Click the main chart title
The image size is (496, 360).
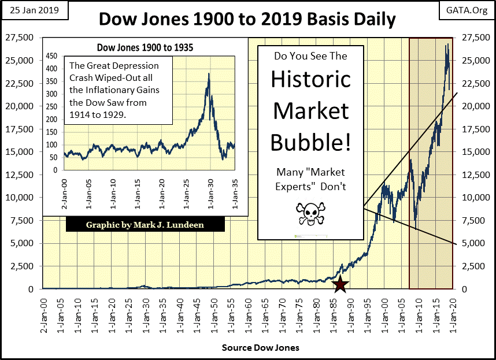tap(247, 19)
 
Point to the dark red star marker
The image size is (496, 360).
tap(340, 284)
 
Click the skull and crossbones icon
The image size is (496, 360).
tap(311, 213)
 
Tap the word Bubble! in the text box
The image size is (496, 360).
tap(311, 141)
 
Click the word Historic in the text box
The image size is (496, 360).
tap(311, 79)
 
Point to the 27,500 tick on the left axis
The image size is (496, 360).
tap(20, 38)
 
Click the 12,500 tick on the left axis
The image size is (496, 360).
tap(20, 175)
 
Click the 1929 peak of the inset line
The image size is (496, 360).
tap(208, 73)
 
